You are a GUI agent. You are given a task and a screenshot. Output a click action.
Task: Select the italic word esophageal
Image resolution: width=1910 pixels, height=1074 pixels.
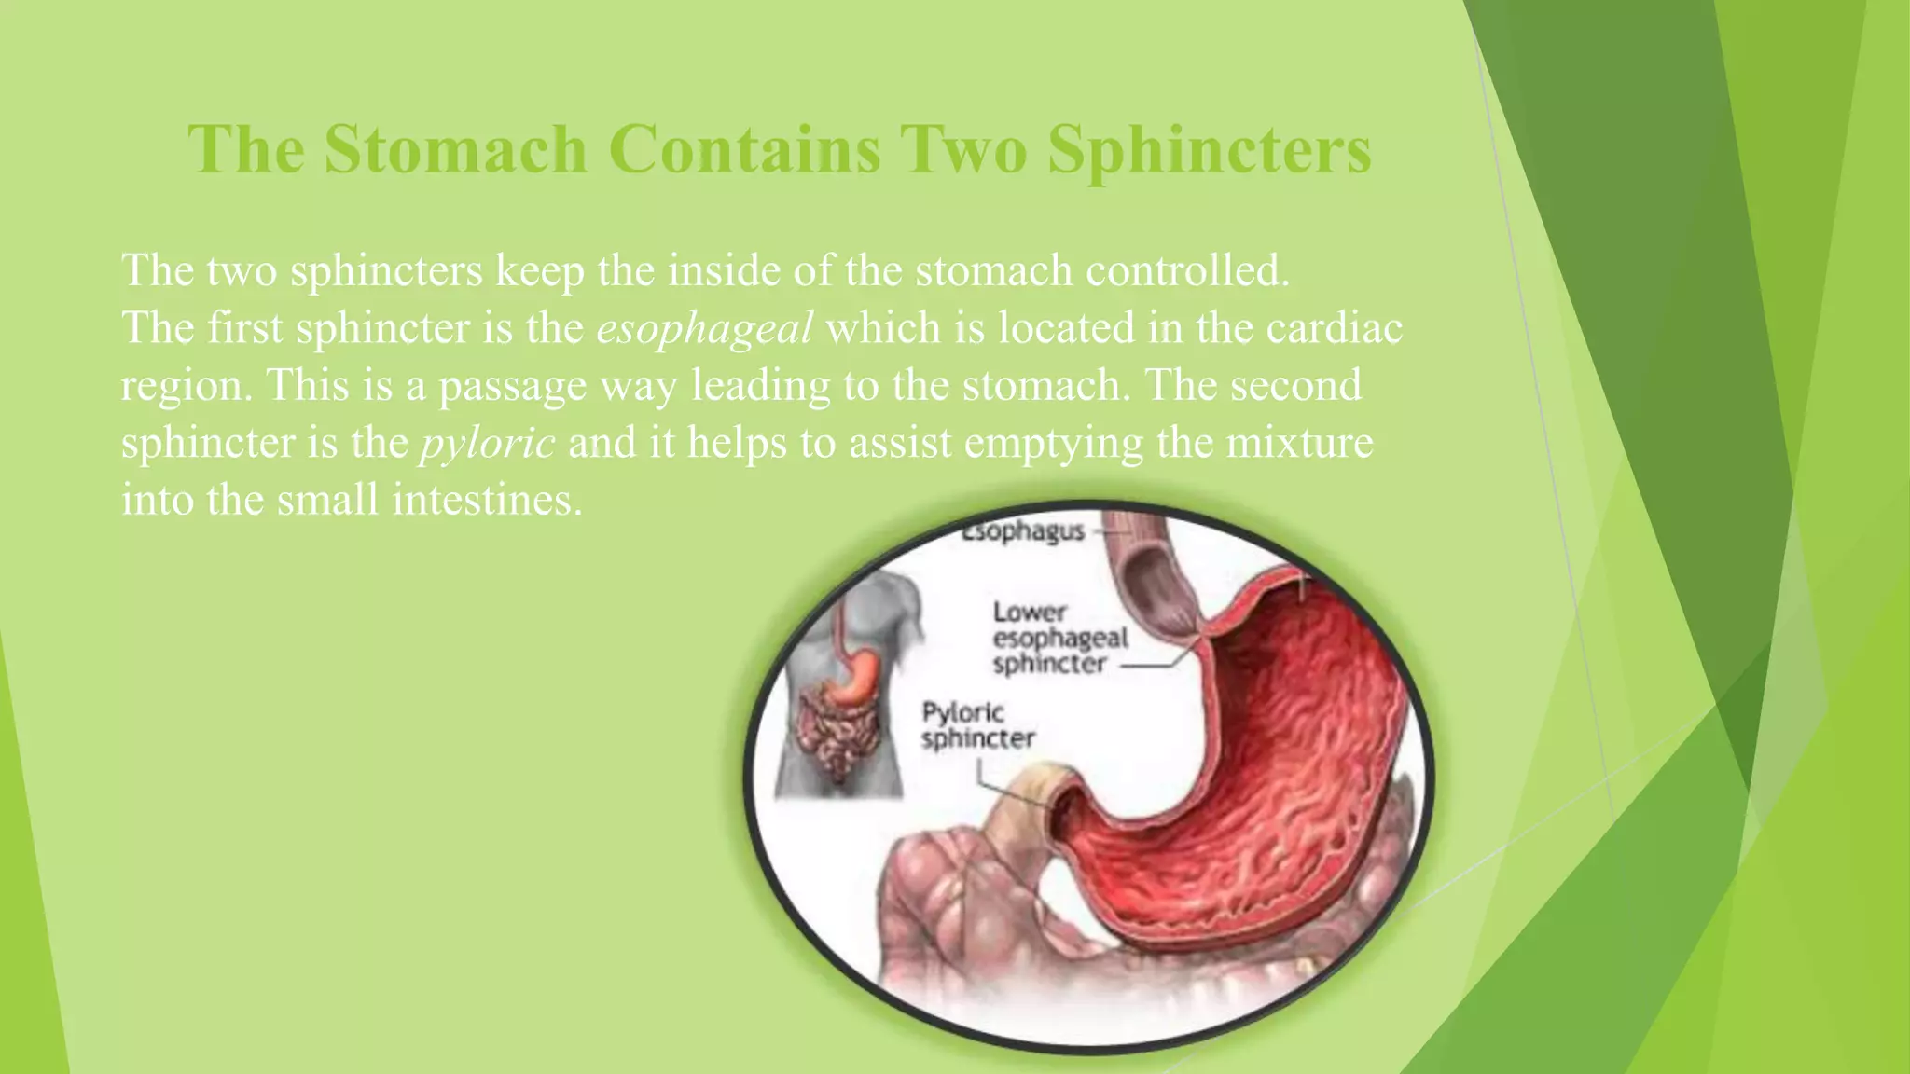click(x=704, y=329)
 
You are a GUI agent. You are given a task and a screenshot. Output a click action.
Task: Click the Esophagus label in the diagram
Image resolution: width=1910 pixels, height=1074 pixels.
click(x=1023, y=531)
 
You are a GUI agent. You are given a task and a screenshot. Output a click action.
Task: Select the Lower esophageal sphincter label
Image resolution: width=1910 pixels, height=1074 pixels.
click(x=1059, y=639)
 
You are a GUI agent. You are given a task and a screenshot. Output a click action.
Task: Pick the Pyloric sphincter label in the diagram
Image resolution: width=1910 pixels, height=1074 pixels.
click(x=976, y=725)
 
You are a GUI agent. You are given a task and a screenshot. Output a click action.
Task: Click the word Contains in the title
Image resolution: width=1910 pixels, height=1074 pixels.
click(x=745, y=149)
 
